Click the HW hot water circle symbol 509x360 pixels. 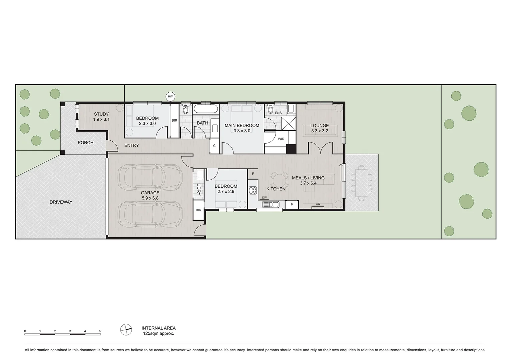[x=170, y=97]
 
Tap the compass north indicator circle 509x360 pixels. [x=126, y=330]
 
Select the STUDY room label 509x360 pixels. [x=101, y=114]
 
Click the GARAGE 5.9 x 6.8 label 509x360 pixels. [x=150, y=195]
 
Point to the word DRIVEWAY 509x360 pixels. [x=61, y=202]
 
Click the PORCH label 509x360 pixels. [x=86, y=143]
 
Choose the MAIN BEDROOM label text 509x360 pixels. [x=242, y=126]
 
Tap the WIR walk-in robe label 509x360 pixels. [x=281, y=139]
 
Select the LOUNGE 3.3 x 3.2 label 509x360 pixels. [x=319, y=128]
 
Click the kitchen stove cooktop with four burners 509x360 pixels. [x=253, y=190]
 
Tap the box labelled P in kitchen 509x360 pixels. [x=292, y=205]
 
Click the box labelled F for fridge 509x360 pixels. [x=253, y=174]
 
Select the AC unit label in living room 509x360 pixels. [x=318, y=204]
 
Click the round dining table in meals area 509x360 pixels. [x=279, y=180]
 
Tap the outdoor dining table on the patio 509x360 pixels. [x=362, y=183]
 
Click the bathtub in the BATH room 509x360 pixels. [x=206, y=109]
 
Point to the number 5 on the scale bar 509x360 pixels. [x=100, y=331]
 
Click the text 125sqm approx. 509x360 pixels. [x=159, y=333]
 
